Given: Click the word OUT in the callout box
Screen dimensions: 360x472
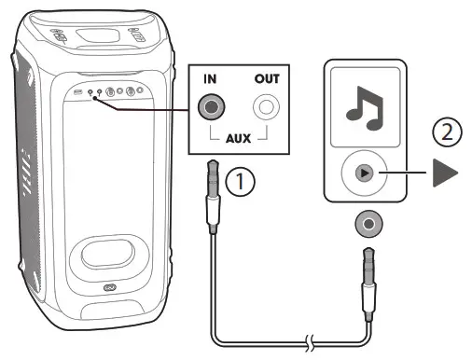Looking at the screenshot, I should pos(268,79).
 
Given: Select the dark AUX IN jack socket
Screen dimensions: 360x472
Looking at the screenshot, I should pos(213,109).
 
